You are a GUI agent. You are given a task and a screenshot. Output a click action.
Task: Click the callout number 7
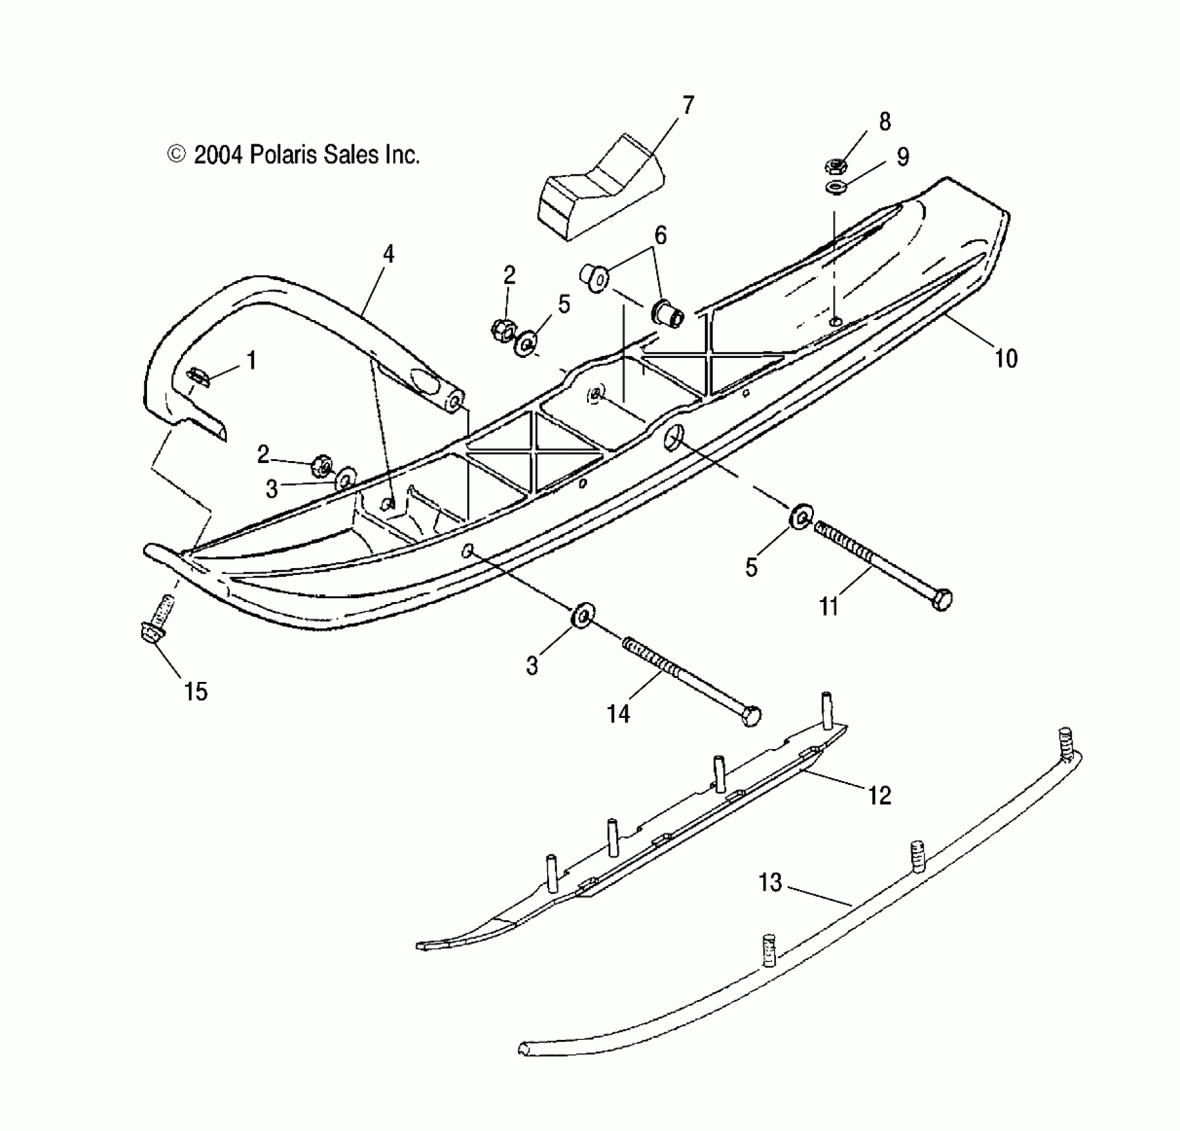[x=688, y=105]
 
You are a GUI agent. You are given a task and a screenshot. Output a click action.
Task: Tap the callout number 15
[x=196, y=692]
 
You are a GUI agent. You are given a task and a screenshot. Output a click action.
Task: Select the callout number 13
[x=770, y=884]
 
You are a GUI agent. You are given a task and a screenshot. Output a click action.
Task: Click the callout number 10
[x=1006, y=359]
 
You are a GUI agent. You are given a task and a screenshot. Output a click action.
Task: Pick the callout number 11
[x=829, y=606]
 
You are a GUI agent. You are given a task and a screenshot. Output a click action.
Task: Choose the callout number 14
[x=618, y=714]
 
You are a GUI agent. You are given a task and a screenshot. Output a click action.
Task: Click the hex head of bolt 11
[x=942, y=599]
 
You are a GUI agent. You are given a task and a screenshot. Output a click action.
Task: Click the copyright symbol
[x=176, y=155]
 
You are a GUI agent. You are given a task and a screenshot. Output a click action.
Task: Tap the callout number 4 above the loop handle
[x=389, y=253]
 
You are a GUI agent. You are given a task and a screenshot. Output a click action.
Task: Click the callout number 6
[x=660, y=236]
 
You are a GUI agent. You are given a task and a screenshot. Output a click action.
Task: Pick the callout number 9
[x=902, y=157]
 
